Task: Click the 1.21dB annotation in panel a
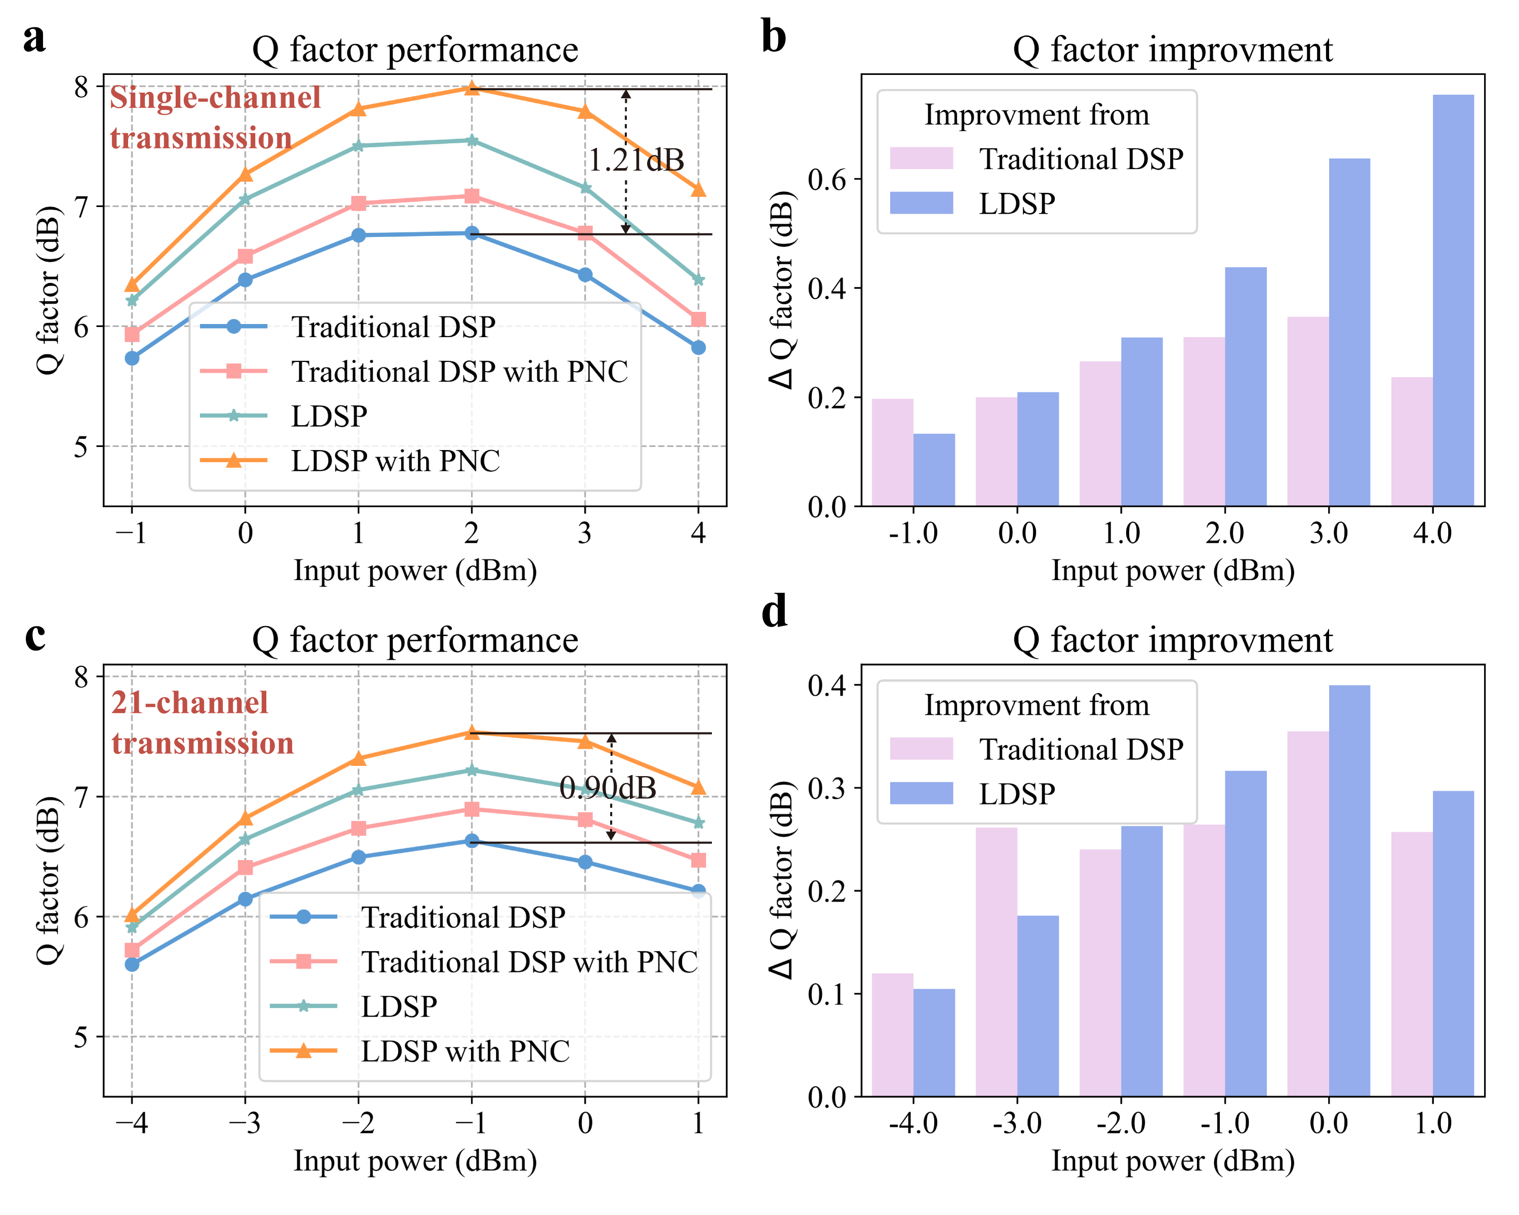[635, 160]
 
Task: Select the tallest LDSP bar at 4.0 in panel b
[1453, 300]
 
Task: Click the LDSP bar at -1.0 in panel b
[934, 470]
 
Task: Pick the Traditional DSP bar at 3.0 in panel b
[1308, 412]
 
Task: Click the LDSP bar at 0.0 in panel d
[1349, 890]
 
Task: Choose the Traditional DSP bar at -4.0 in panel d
[893, 1035]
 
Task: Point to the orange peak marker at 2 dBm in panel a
[472, 88]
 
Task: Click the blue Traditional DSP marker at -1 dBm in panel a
[132, 358]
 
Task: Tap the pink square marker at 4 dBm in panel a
[698, 320]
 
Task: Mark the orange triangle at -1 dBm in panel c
[472, 733]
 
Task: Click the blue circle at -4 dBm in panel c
[132, 964]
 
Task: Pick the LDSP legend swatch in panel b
[921, 204]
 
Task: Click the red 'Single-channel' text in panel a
[215, 98]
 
